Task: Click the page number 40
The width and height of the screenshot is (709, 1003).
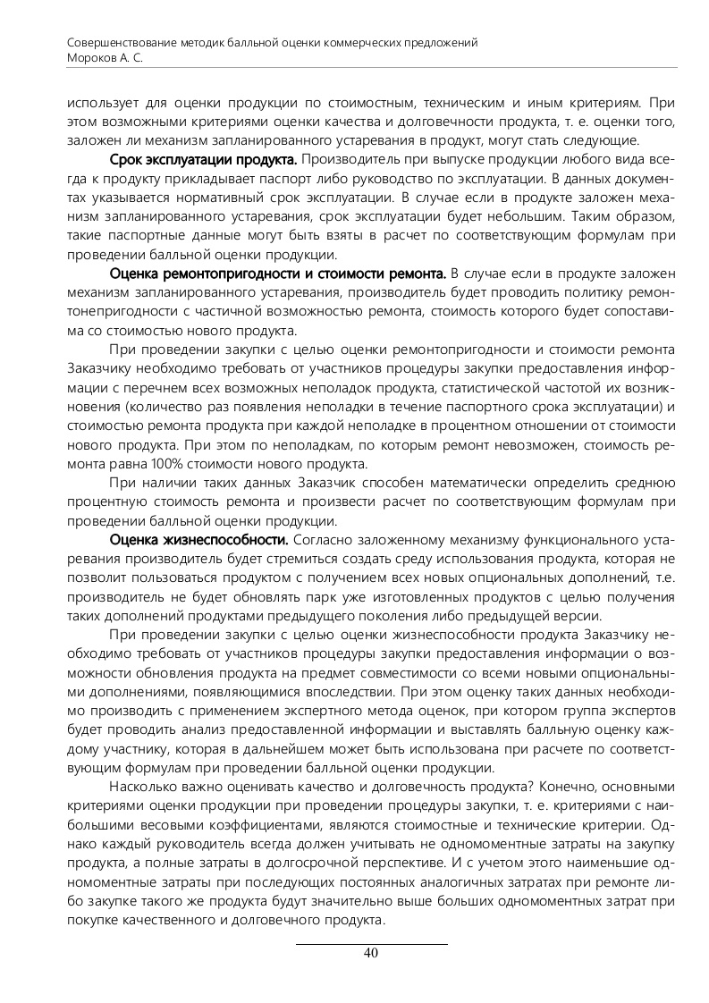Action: [x=371, y=953]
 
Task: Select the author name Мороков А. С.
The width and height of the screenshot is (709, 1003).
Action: [x=106, y=56]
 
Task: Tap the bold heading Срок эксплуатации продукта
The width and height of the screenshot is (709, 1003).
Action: [x=203, y=160]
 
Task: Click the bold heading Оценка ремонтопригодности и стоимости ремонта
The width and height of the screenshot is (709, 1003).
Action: [x=277, y=272]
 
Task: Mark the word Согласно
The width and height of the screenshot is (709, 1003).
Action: [x=323, y=541]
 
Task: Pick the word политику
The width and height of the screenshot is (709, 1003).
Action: [x=580, y=291]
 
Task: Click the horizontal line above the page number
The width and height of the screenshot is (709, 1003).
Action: [x=371, y=942]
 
